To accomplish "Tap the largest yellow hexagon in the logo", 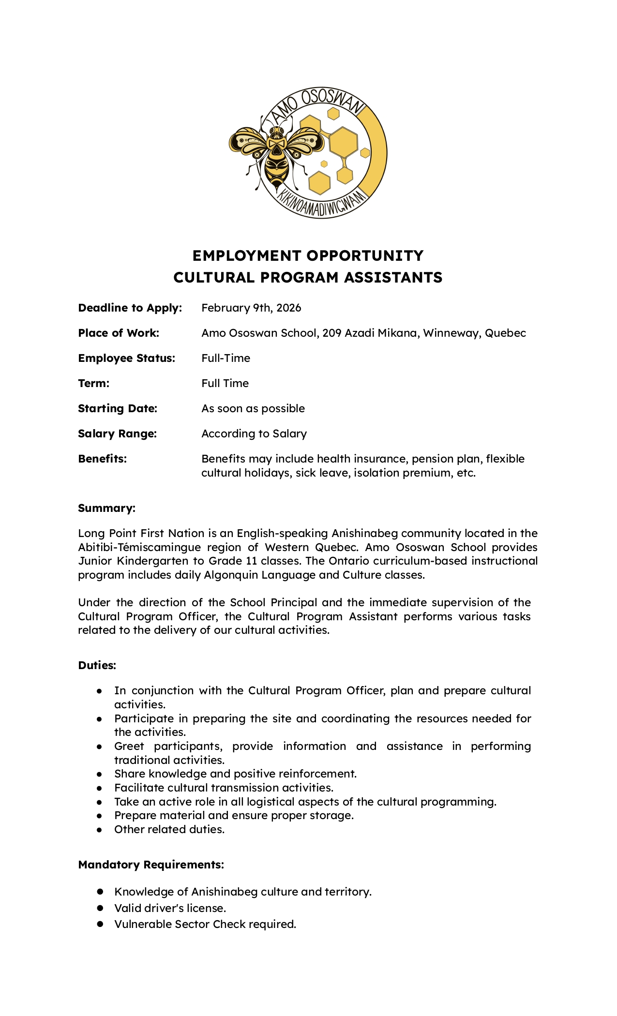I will (343, 142).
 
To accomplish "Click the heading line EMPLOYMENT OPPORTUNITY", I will (308, 255).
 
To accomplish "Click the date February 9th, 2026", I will (251, 308).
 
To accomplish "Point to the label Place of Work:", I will (119, 333).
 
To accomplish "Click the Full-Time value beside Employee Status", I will (226, 359).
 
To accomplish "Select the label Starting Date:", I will (118, 409).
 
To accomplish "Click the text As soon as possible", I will (253, 409).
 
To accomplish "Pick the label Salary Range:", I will (117, 434).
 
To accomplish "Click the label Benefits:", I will (102, 459).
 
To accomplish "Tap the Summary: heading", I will (106, 508).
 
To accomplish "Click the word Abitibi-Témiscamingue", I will (139, 548).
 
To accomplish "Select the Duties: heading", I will (97, 666).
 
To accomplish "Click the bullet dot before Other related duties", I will (99, 830).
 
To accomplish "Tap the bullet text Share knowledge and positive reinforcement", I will (235, 774).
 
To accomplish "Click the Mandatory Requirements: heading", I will (151, 865).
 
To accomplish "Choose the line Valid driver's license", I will (170, 909).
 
